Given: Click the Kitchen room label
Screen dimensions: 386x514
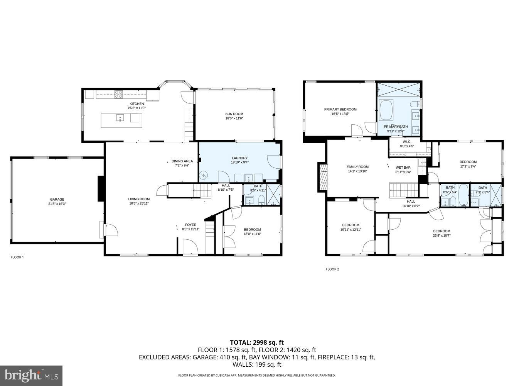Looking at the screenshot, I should point(137,104).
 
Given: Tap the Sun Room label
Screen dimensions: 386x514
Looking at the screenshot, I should point(234,114).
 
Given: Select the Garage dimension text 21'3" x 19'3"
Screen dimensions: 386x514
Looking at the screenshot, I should point(57,204).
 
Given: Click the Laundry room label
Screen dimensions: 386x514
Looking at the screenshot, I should point(239,158).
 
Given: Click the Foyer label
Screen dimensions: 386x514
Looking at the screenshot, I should point(190,225).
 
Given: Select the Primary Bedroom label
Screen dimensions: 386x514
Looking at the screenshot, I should point(340,109).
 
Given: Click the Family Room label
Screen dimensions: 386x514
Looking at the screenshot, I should point(357,167).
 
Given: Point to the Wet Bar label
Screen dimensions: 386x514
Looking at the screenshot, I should point(403,168).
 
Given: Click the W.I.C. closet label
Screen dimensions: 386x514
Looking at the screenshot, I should point(407,142).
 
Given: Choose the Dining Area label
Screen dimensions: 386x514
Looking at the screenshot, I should point(182,161).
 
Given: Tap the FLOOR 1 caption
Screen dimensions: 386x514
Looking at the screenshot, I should point(17,257).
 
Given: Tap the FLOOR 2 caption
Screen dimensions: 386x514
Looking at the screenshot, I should point(332,269).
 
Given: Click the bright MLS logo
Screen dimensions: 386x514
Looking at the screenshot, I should point(31,376).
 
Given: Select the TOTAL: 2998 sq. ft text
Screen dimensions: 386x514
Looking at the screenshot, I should point(257,342).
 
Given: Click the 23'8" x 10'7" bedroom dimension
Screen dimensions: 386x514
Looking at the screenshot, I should point(442,235).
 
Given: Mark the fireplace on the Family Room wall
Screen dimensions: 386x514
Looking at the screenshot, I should point(322,177).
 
